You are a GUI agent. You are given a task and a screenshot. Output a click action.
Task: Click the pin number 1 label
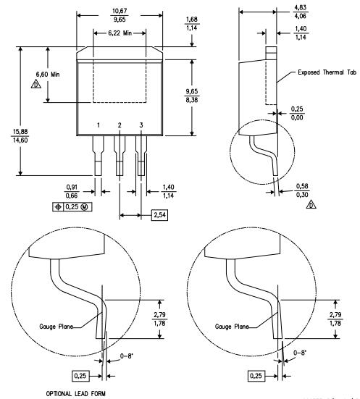[99, 125]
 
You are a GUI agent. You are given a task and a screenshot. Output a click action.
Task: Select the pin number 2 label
[120, 125]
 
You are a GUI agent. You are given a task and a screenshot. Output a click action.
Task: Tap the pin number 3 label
[141, 125]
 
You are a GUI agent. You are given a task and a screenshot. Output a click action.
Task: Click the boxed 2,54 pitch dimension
[159, 215]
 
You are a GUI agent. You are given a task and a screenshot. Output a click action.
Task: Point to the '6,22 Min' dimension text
[120, 33]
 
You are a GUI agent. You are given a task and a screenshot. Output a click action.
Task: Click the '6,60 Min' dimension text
[48, 75]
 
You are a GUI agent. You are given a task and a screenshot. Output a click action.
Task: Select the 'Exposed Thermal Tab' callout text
[327, 72]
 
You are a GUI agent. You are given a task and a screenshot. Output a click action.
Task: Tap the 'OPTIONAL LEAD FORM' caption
[75, 394]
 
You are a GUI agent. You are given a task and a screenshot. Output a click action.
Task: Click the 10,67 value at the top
[120, 11]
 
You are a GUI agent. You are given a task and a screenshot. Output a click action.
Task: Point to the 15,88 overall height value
[20, 132]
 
